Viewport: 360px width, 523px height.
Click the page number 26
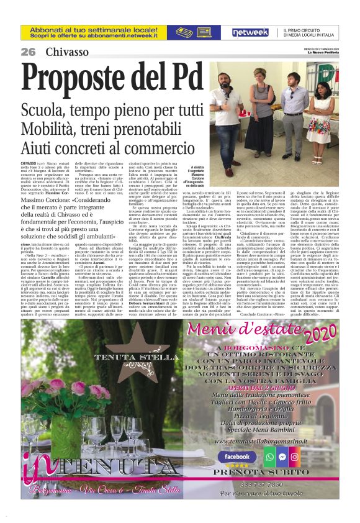coord(29,51)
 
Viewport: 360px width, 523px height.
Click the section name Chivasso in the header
coord(67,51)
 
